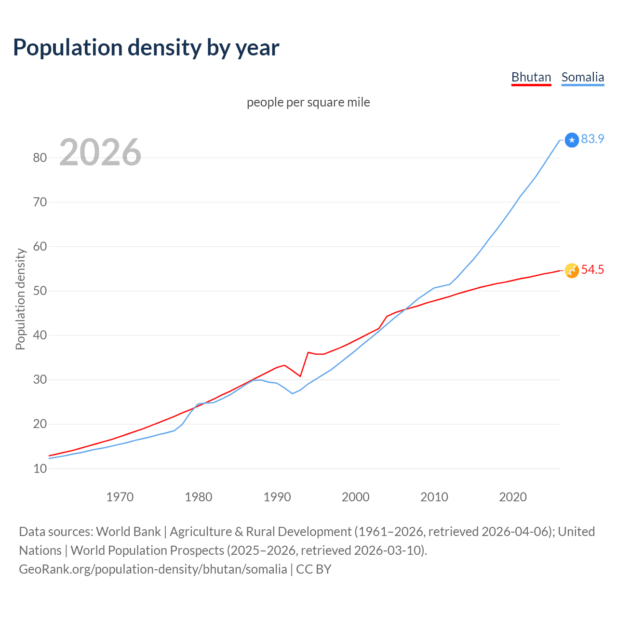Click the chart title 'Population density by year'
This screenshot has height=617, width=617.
[x=146, y=48]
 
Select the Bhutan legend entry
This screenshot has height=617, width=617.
[x=531, y=78]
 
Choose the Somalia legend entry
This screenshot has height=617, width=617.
[x=582, y=78]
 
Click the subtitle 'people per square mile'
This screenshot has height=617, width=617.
[x=308, y=103]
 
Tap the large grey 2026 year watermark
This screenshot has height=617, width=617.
[x=100, y=152]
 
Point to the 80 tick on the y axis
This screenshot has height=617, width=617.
[x=40, y=158]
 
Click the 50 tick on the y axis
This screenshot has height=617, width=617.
[x=40, y=291]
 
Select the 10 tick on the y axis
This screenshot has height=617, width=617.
[x=40, y=469]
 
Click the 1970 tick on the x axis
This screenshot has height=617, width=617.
[x=120, y=497]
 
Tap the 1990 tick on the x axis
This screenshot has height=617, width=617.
[x=277, y=497]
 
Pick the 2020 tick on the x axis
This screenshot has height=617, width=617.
[x=513, y=497]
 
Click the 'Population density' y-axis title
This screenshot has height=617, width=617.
[x=20, y=299]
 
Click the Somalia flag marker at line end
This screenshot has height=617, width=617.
[x=572, y=140]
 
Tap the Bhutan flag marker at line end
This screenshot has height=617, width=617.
[x=572, y=271]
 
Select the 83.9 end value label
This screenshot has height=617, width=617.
[x=592, y=139]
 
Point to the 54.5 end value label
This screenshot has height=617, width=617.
[x=592, y=270]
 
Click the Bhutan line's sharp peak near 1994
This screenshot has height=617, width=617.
[x=308, y=352]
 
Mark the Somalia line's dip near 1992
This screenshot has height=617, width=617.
[x=292, y=393]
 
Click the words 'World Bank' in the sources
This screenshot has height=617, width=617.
[x=128, y=532]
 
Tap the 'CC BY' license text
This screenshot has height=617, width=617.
[x=313, y=569]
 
